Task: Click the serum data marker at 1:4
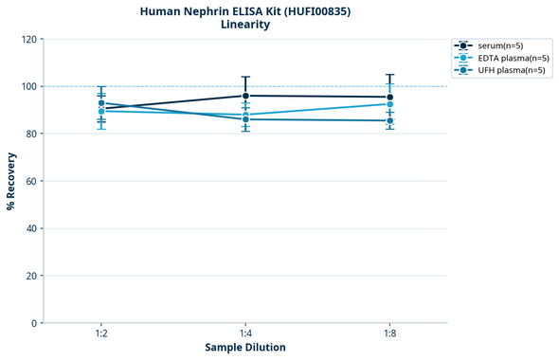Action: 245,96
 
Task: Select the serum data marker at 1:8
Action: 390,97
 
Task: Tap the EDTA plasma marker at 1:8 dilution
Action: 390,104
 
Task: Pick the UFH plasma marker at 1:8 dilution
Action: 390,120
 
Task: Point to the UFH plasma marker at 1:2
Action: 101,103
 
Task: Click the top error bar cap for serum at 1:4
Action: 245,77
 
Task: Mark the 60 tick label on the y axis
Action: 30,181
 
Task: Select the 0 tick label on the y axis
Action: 33,323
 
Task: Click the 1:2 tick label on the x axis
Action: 101,333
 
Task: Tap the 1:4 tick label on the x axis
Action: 245,333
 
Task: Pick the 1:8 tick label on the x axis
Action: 390,333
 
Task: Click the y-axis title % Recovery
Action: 11,181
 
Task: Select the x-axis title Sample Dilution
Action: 245,348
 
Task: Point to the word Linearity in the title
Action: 245,25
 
